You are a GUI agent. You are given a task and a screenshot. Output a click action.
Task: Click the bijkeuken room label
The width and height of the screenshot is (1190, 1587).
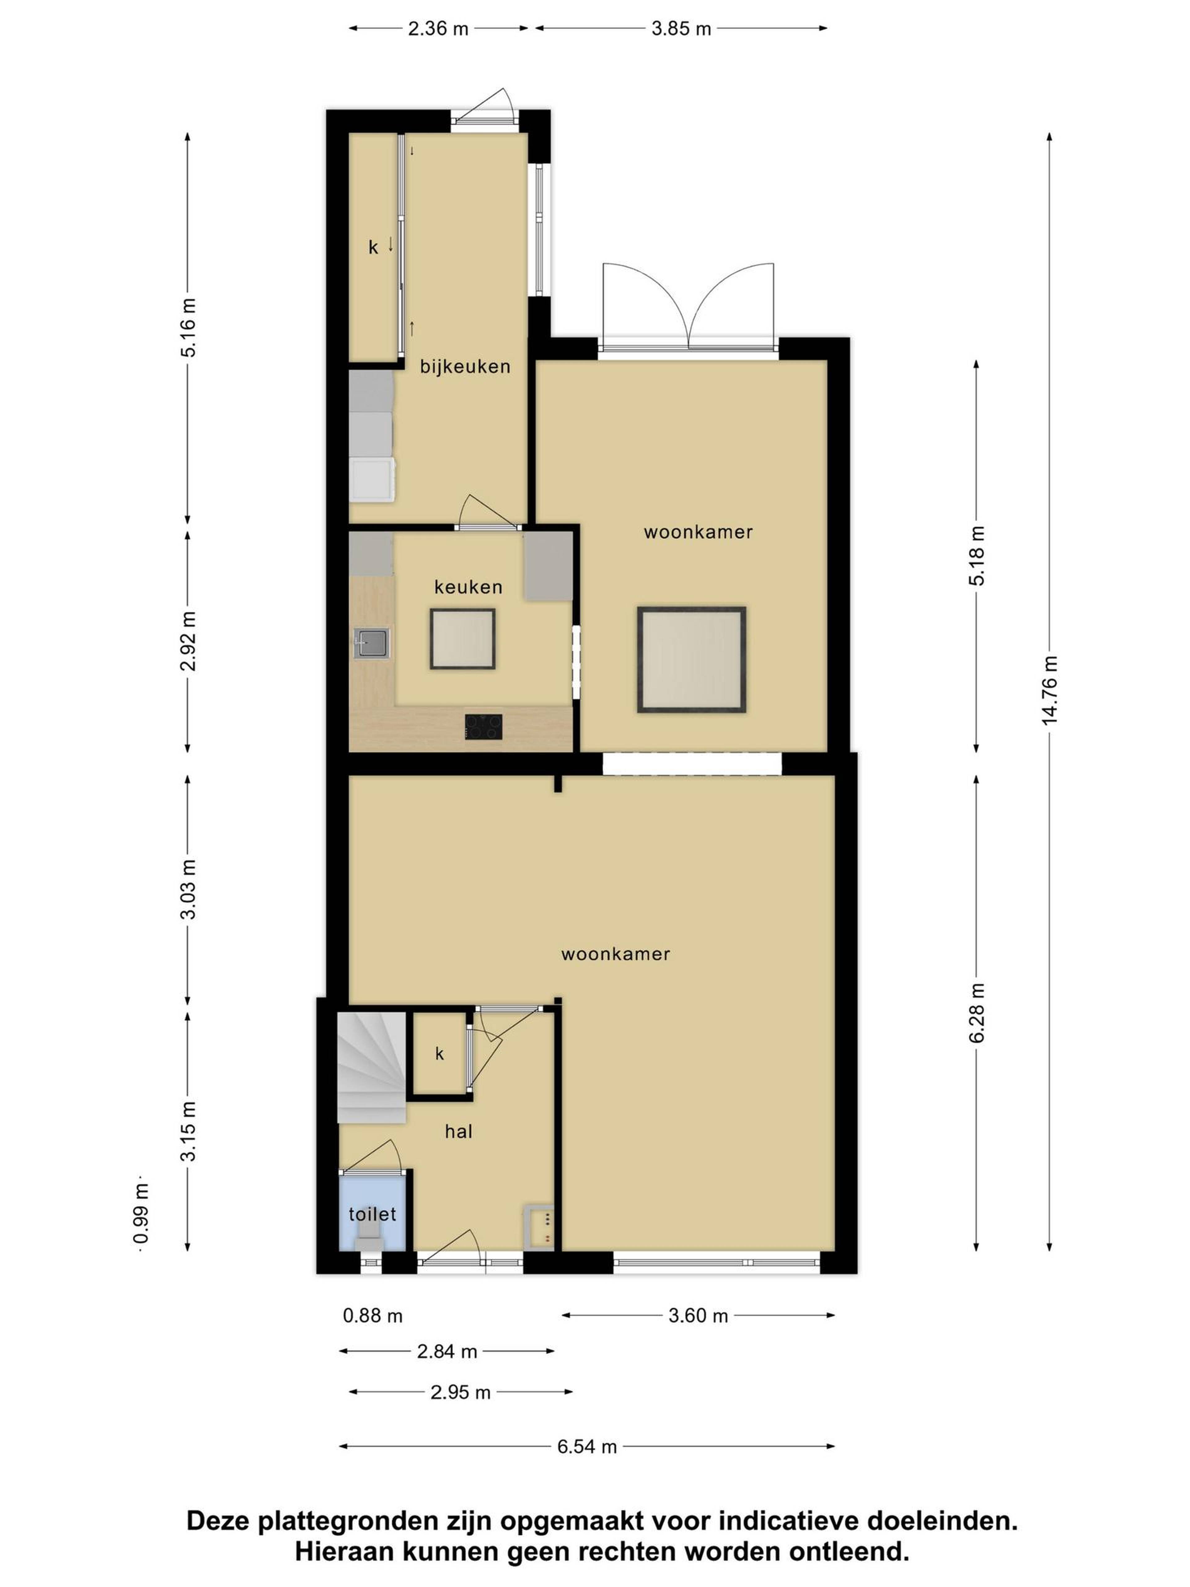465,367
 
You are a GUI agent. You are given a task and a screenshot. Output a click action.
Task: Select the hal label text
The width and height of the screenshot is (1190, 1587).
458,1131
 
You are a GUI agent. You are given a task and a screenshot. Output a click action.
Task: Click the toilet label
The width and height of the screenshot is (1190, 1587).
372,1214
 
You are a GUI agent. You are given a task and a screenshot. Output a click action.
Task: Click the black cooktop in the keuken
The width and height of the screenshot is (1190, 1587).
483,727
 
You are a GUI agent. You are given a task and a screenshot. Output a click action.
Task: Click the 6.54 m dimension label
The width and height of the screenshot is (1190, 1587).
587,1446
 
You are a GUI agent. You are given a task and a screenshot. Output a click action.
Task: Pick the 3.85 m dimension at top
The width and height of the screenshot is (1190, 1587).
681,29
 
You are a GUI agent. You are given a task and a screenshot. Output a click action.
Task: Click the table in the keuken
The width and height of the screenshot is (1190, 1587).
463,639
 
